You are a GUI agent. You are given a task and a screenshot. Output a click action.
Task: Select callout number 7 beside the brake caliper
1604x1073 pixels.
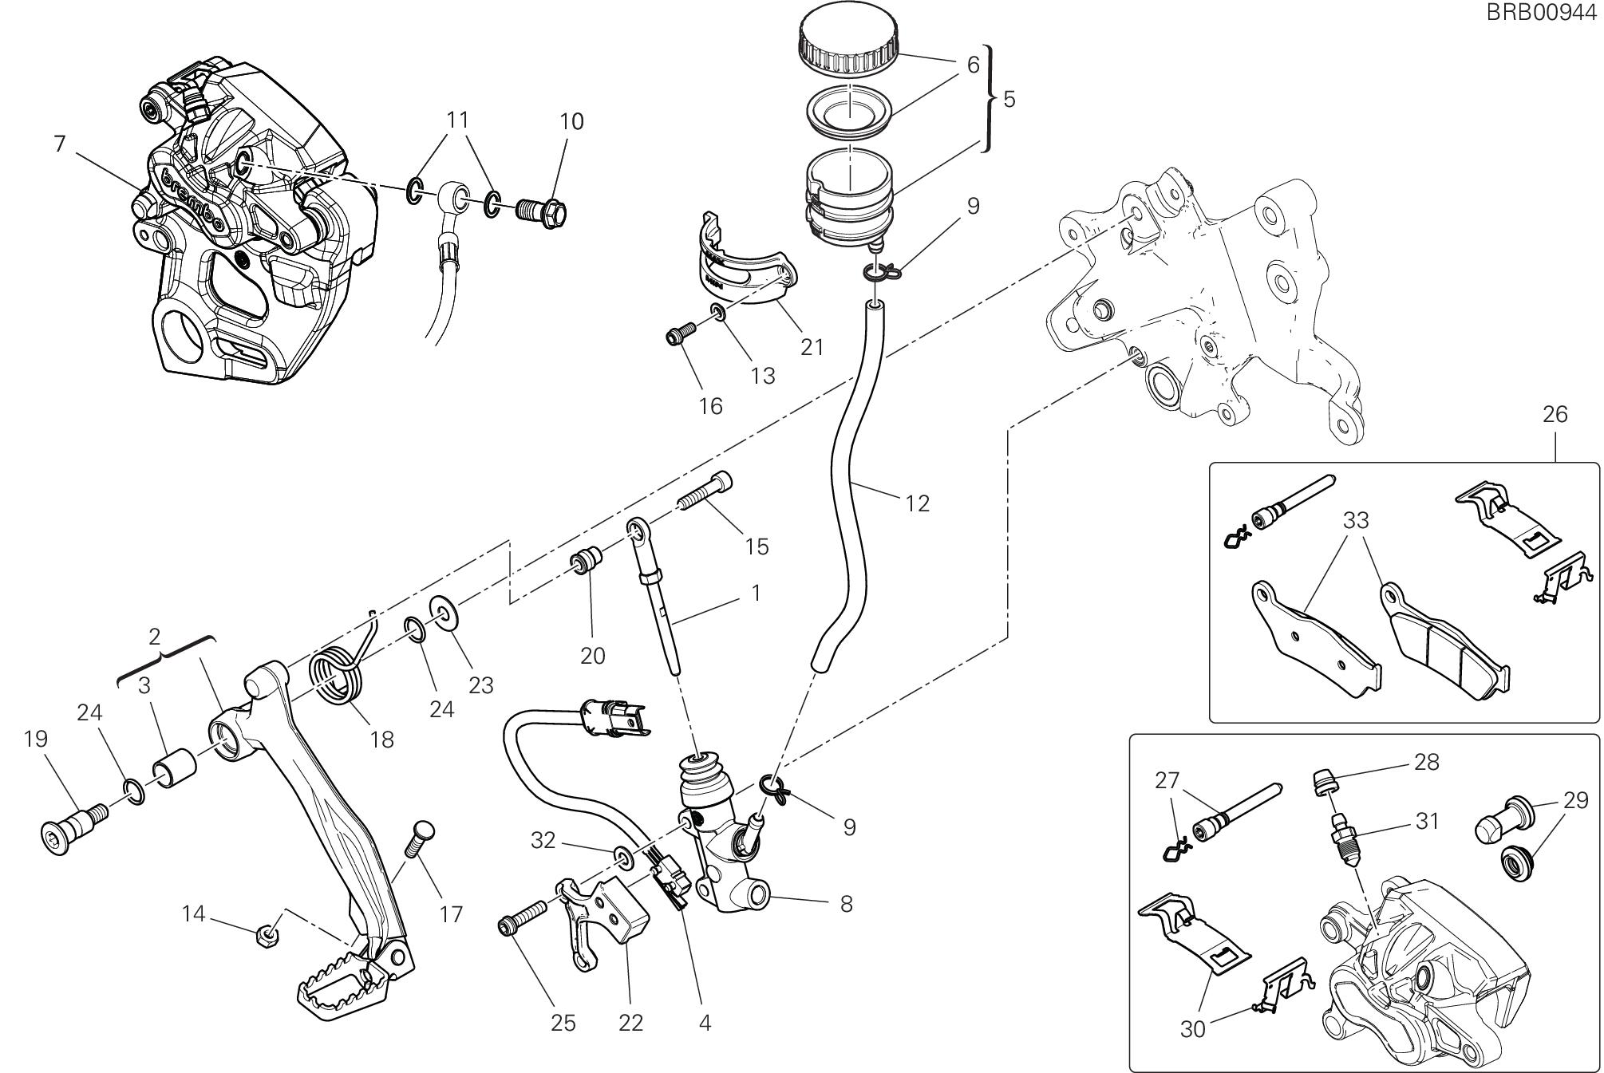(59, 144)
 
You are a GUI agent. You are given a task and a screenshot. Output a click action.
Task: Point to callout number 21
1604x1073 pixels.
(812, 347)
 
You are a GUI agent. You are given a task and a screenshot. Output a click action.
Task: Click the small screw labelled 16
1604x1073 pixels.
(678, 337)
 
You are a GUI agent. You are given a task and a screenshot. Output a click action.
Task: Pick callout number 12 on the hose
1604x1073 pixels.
(918, 503)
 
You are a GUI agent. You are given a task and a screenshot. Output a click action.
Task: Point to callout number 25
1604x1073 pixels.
(563, 1023)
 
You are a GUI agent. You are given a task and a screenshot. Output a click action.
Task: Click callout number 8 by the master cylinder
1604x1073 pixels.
(846, 904)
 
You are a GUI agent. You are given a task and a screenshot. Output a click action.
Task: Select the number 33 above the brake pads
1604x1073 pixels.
(1356, 520)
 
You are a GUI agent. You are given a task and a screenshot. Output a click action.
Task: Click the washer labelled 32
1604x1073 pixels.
(623, 858)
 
